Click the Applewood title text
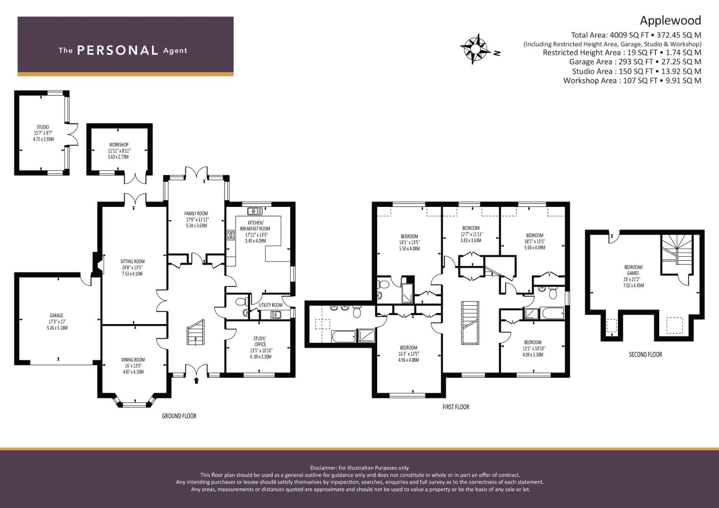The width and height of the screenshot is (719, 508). (x=670, y=20)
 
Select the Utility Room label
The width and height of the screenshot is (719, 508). (x=271, y=305)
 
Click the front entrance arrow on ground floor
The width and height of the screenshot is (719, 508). (x=196, y=380)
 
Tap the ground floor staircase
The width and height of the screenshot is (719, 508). (x=195, y=333)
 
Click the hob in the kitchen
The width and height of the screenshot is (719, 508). (x=231, y=235)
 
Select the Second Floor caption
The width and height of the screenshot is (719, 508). (x=645, y=355)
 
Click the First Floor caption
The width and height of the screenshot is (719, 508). (x=455, y=407)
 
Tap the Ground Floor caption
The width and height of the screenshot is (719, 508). (x=179, y=416)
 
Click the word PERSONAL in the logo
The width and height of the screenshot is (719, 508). (x=117, y=50)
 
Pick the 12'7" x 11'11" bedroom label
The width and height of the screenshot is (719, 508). (x=471, y=234)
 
